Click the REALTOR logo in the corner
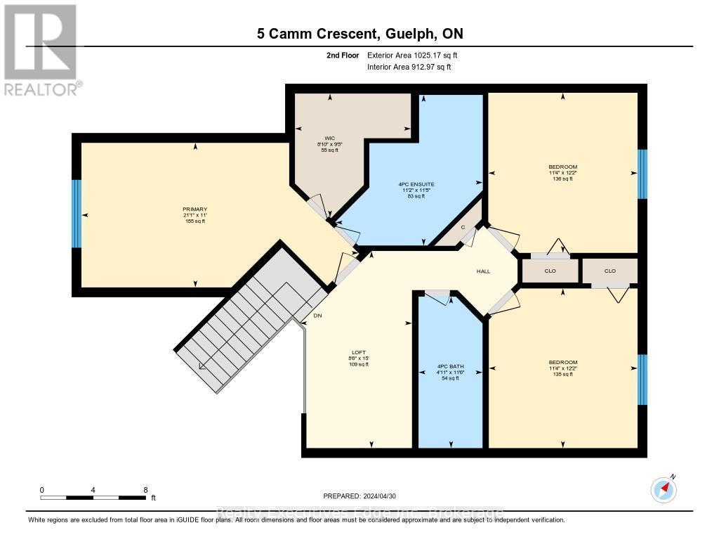pos(41,49)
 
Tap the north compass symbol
pos(664,489)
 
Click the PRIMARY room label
pos(195,209)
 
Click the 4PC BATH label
pos(450,366)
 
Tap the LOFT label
pos(359,353)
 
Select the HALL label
pos(483,271)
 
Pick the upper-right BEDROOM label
pos(563,167)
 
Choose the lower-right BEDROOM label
pos(563,362)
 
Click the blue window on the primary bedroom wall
pos(77,214)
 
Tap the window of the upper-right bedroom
pos(642,174)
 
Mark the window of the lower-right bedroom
pos(642,380)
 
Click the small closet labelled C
pos(463,226)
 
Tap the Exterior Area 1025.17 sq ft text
pos(413,55)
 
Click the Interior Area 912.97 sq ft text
pos(409,67)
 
